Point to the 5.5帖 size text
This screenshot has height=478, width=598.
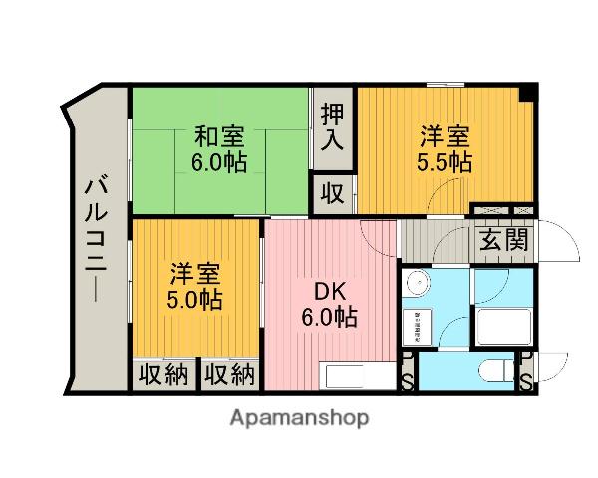(445, 162)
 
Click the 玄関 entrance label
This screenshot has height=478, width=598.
(503, 241)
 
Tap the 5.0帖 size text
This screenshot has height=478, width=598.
(194, 298)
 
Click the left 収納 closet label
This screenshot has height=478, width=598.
(163, 376)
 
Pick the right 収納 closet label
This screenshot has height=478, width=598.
(230, 376)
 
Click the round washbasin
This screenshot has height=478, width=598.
(420, 283)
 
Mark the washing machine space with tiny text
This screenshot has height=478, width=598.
(417, 324)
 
